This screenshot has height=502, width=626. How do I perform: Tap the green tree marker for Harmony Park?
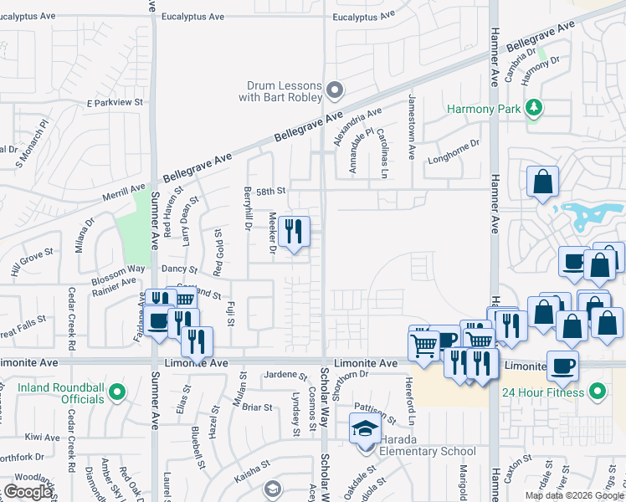pos(533,108)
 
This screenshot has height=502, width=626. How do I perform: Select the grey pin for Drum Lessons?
pos(335,89)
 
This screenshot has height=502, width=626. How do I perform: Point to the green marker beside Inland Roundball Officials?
pos(117,391)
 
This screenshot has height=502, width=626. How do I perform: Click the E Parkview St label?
pos(115,103)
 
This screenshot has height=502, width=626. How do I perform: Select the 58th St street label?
pos(271,192)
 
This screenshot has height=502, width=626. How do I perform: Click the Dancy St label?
pos(179,270)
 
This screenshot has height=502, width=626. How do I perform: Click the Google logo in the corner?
pos(28,492)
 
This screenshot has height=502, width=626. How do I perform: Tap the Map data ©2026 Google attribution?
pos(574,495)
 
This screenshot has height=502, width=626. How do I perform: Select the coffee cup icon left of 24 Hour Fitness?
pos(562,365)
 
